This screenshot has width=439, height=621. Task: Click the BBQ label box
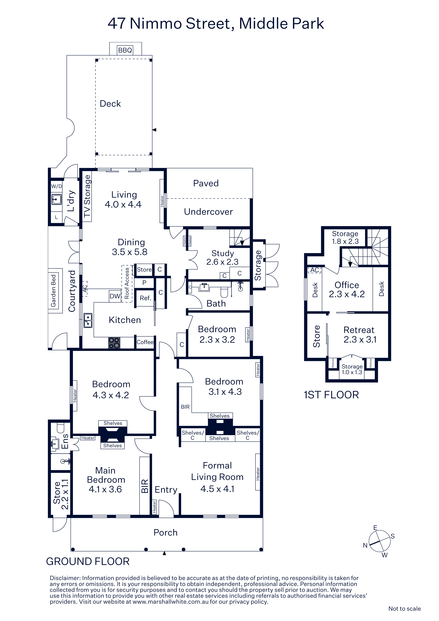pos(125,50)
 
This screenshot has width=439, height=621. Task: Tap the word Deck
pos(110,104)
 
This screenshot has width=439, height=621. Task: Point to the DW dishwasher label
pos(115,296)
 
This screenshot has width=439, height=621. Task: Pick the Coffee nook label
pos(145,342)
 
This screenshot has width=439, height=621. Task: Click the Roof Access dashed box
pos(127,283)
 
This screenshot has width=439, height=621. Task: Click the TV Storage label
pos(87,196)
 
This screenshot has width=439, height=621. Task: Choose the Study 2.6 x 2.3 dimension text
pos(222,262)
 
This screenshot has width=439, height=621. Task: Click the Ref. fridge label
pos(145,298)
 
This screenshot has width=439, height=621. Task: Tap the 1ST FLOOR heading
pos(331,395)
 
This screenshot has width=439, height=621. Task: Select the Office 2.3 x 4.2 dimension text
pos(347,294)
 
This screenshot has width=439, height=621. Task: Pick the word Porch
pos(166,532)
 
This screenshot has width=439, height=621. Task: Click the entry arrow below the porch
pos(164,553)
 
